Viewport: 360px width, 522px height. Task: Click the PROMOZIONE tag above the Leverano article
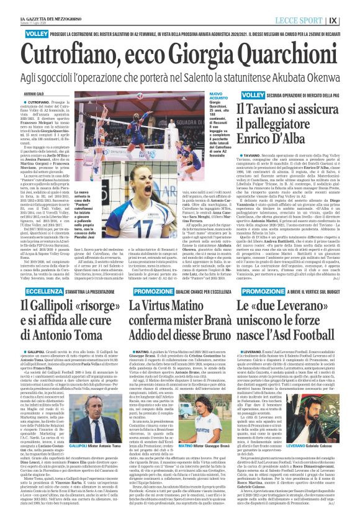(x=263, y=291)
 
